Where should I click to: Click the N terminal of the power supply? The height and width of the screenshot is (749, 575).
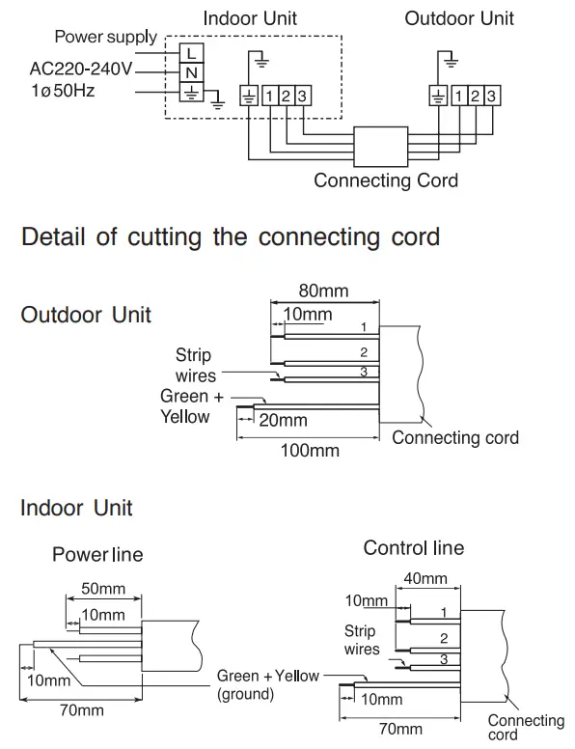tap(192, 72)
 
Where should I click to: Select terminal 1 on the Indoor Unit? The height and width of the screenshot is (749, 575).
tap(268, 95)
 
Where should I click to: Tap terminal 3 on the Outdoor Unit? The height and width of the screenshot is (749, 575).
tap(492, 95)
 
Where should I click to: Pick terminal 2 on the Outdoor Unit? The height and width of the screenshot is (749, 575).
tap(476, 95)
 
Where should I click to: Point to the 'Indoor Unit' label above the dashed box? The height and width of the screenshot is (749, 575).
tap(250, 18)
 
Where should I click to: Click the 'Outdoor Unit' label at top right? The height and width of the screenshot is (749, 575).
tap(459, 18)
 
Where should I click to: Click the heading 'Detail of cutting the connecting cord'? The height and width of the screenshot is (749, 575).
tap(231, 236)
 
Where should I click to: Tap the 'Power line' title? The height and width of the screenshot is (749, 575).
tap(96, 555)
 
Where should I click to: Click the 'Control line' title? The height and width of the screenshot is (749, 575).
tap(413, 548)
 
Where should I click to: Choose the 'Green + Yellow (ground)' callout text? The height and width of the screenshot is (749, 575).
tap(267, 684)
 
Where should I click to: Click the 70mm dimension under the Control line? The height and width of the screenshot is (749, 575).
tap(399, 729)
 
